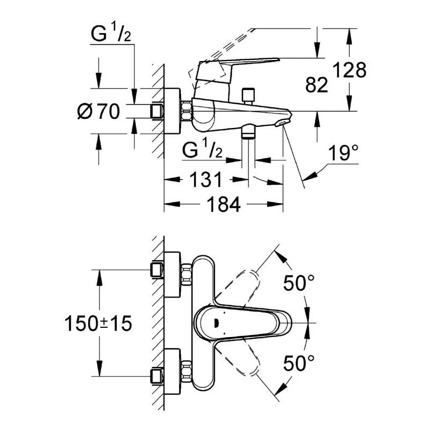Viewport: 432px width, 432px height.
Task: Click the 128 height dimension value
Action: pos(349,70)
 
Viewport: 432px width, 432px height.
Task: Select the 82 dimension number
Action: pos(315,85)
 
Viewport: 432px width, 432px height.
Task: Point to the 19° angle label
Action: pos(343,156)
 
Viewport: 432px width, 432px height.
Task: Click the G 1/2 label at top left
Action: pos(111,35)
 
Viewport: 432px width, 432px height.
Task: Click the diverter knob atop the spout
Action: pos(248,96)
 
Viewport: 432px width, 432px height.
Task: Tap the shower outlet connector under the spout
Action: pos(248,131)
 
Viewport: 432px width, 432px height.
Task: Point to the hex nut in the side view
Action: pos(187,112)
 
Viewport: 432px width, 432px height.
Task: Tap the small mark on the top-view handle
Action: pos(215,323)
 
